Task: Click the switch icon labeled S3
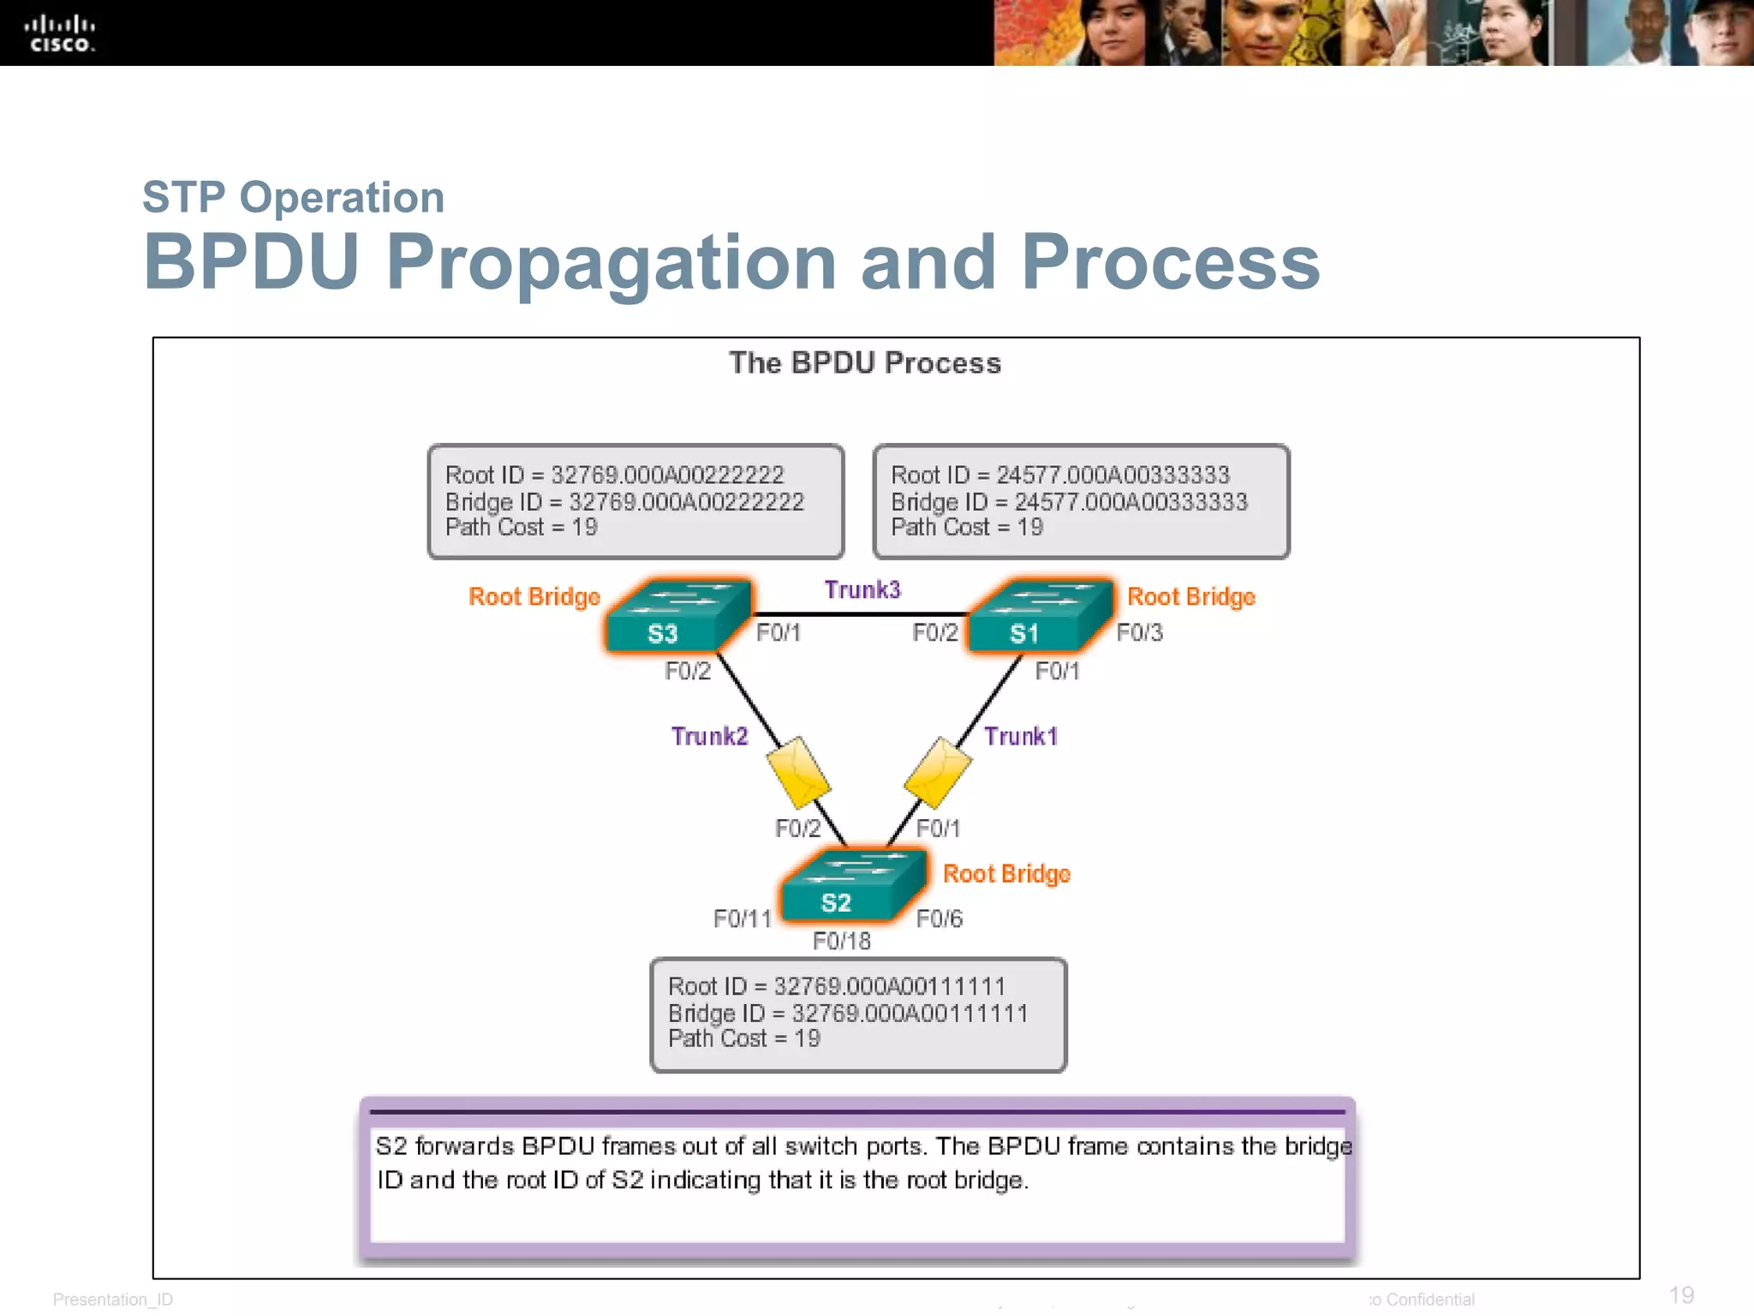click(x=677, y=618)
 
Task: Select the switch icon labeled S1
click(x=1039, y=618)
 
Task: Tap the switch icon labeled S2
click(x=852, y=888)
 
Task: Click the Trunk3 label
click(x=862, y=589)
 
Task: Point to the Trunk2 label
click(x=709, y=736)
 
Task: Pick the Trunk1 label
click(x=1021, y=736)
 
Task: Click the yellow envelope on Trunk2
click(x=798, y=773)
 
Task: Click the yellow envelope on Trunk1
click(x=938, y=773)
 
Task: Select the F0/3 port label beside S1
click(x=1140, y=632)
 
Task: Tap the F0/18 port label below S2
click(x=842, y=941)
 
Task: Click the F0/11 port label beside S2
click(x=743, y=918)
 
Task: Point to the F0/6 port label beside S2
click(x=940, y=918)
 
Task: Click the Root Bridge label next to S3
click(x=534, y=596)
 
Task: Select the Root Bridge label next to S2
click(x=1006, y=874)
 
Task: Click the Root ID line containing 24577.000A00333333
click(x=1060, y=475)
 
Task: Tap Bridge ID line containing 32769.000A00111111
click(x=848, y=1013)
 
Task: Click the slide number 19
click(x=1681, y=1295)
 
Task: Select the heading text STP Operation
click(x=293, y=197)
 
